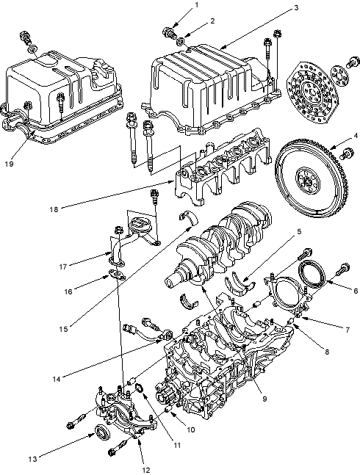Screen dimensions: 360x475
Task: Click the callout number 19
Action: tap(9, 164)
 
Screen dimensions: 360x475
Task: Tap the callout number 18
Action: tap(54, 209)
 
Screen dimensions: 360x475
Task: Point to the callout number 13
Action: tap(32, 459)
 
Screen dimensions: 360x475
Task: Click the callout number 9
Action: tap(264, 399)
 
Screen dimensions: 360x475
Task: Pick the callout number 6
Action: tap(356, 291)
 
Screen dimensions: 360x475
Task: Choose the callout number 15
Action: tap(63, 330)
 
